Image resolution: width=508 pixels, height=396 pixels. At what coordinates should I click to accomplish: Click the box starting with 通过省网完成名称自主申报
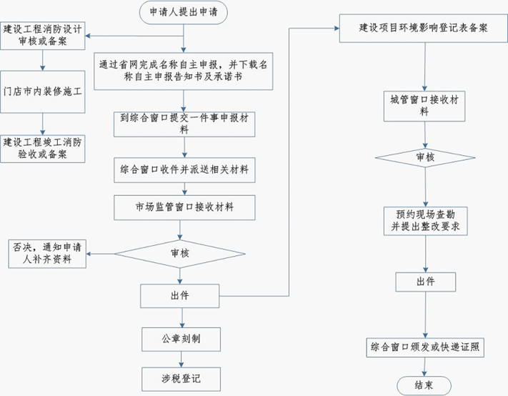(x=184, y=70)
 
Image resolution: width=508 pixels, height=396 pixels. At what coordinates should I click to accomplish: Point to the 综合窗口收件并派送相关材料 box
(x=184, y=170)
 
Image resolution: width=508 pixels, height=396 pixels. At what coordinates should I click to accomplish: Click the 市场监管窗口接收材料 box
(x=184, y=207)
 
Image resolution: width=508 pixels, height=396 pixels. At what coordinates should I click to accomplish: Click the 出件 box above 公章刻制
(x=181, y=294)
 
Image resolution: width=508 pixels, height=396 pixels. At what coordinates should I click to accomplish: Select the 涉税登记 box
(x=181, y=377)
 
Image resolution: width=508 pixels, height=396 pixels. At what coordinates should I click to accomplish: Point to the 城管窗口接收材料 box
(x=425, y=105)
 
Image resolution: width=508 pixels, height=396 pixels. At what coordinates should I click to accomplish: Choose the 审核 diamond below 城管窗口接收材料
(x=425, y=156)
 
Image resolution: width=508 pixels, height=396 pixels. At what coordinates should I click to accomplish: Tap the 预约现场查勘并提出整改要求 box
(x=425, y=219)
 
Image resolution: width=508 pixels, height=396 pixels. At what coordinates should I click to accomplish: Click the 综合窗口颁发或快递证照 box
(x=425, y=347)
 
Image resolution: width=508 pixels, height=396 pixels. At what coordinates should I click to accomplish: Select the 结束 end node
(x=425, y=385)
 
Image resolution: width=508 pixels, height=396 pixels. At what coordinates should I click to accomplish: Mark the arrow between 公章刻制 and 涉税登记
(x=181, y=358)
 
